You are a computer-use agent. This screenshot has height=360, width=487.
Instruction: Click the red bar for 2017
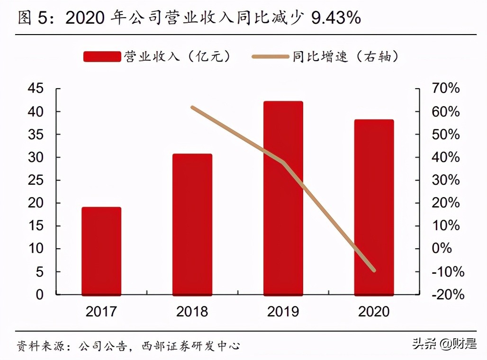(101, 251)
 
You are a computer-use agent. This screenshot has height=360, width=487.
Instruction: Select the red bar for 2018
(192, 225)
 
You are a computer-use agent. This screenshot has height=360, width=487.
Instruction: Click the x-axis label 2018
(192, 311)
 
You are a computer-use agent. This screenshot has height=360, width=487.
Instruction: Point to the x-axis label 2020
(374, 311)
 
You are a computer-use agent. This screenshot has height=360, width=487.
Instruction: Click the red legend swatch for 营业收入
(102, 57)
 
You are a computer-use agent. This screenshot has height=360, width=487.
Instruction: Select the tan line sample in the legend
(271, 57)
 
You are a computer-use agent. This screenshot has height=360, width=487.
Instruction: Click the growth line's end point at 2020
(374, 270)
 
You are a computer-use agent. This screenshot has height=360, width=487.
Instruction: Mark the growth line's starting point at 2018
(192, 108)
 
